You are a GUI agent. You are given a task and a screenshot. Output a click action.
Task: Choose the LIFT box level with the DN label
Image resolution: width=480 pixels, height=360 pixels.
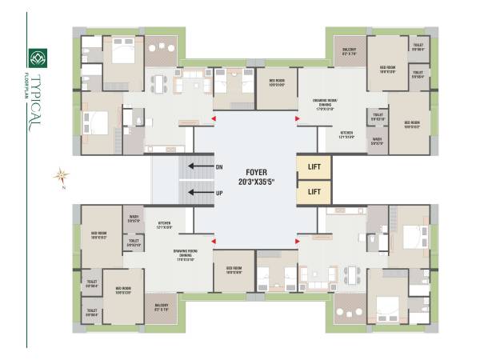coord(314,167)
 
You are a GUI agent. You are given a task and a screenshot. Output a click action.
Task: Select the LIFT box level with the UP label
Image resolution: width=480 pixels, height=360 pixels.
coord(314,192)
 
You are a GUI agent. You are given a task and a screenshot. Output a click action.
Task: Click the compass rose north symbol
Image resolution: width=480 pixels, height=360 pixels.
coord(61,175)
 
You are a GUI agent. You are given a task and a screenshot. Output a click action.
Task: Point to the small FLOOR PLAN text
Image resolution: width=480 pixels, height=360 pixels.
coord(26,82)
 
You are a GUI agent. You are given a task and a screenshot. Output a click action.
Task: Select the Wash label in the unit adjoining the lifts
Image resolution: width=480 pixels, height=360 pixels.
coord(377,142)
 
